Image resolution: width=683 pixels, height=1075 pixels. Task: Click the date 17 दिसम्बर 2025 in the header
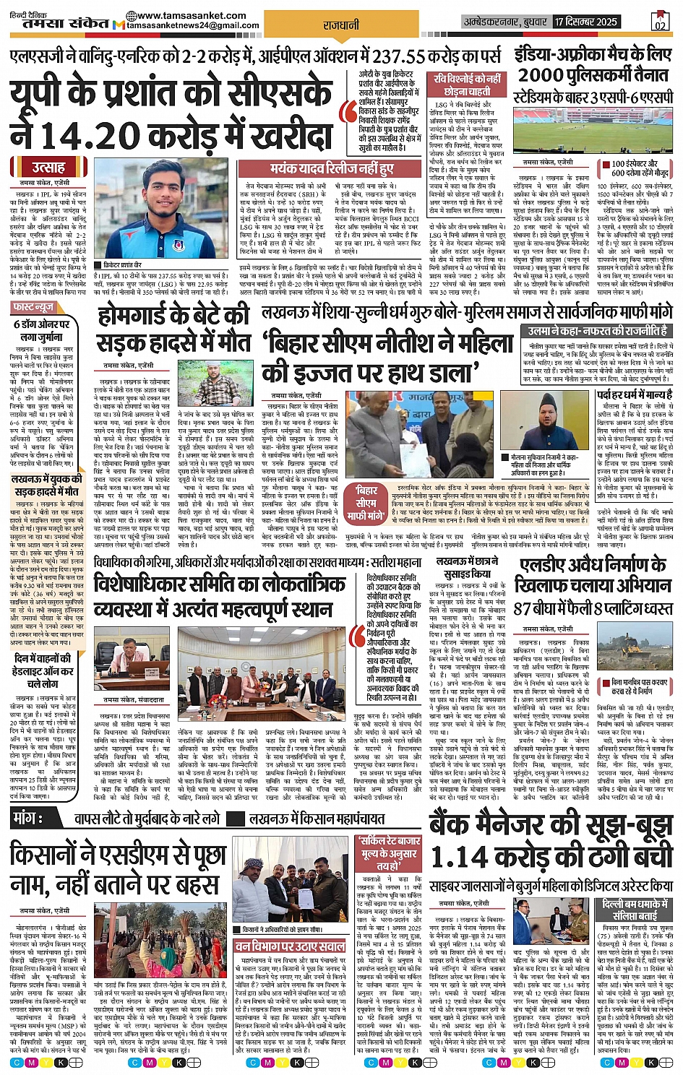point(586,22)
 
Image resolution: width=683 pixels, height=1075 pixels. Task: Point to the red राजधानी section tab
point(341,25)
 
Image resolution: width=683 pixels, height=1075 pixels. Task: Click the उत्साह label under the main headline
point(48,168)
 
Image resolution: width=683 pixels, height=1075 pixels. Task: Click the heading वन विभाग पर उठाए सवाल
point(290,946)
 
